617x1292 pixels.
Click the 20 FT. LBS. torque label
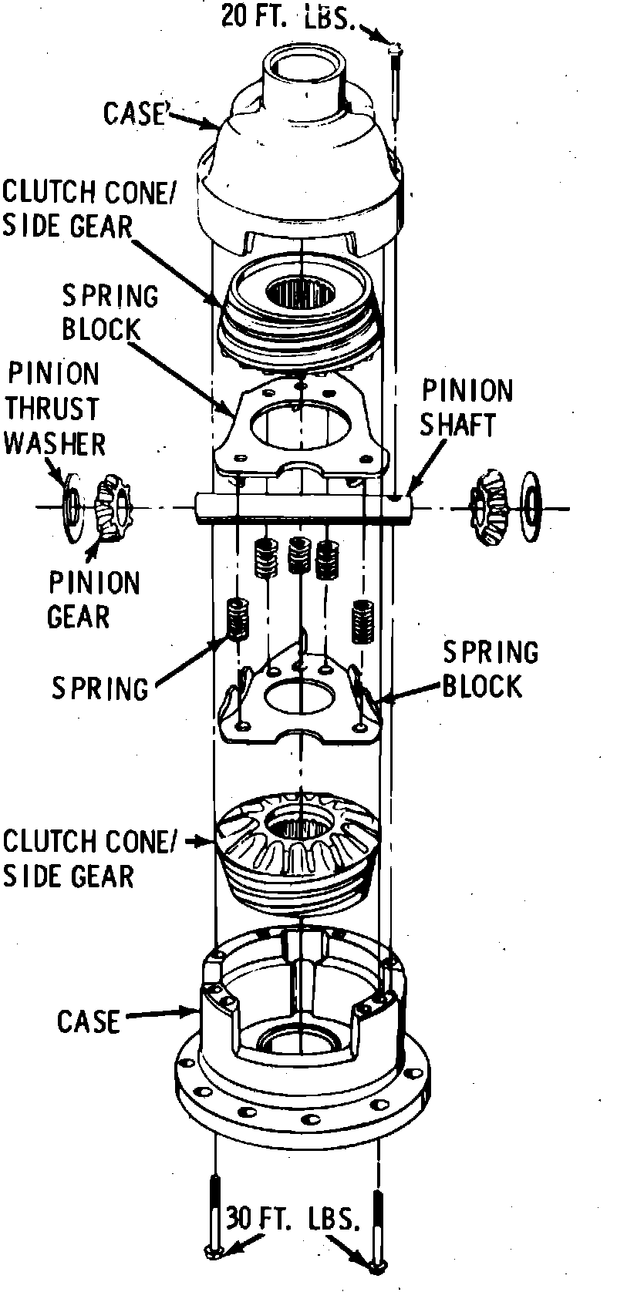289,17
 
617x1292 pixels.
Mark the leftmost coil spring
237,619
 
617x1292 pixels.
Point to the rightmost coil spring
362,620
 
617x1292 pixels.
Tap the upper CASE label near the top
136,113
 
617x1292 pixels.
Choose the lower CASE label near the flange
88,1022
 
